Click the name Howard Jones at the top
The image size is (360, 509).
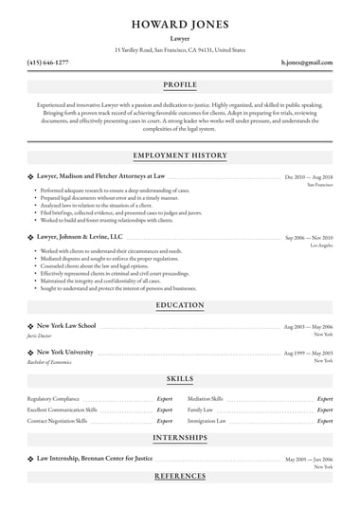tap(180, 20)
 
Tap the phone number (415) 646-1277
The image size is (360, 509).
tap(47, 62)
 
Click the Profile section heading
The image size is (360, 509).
tap(180, 84)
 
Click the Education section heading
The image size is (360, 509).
tap(180, 305)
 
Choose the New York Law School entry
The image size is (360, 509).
tap(65, 325)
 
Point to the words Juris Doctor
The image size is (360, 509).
tap(39, 336)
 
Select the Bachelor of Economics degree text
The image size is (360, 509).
tap(51, 362)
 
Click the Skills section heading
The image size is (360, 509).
tap(180, 378)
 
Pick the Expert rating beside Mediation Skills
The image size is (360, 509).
tap(324, 399)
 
